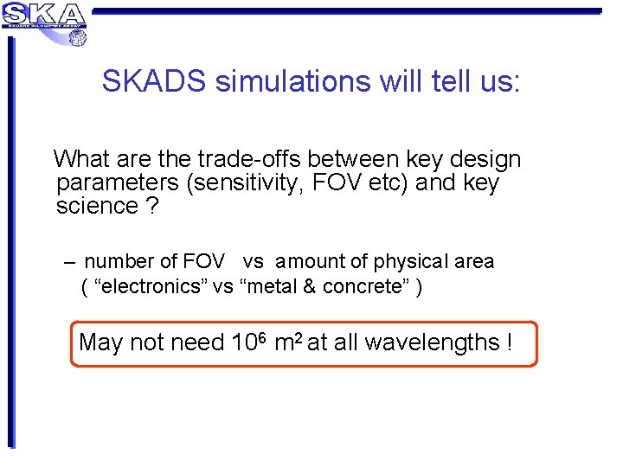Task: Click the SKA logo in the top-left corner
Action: (x=43, y=15)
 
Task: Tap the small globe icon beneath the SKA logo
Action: (x=77, y=37)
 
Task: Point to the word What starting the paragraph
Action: (x=80, y=159)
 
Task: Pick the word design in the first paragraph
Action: (x=484, y=160)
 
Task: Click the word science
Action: (x=97, y=206)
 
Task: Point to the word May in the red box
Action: (x=100, y=343)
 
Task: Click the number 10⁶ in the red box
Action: (x=249, y=342)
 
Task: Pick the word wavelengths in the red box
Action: (x=432, y=343)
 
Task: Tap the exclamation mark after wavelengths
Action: (x=509, y=343)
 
